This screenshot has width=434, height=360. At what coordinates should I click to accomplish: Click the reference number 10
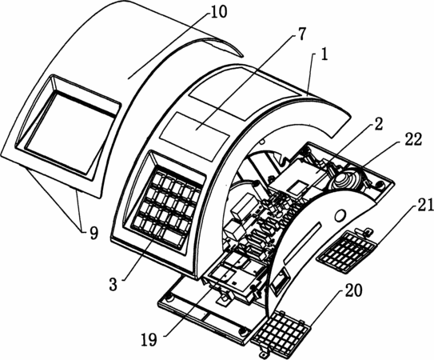[218, 13]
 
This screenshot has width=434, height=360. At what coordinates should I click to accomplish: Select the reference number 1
[324, 54]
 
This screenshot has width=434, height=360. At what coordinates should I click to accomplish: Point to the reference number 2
[377, 124]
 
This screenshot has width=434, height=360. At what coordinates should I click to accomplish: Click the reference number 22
[412, 139]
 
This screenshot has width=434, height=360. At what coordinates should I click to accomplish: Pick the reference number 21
[424, 206]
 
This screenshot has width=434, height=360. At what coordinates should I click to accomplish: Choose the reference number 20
[352, 290]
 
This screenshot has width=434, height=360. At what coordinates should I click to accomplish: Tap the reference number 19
[149, 339]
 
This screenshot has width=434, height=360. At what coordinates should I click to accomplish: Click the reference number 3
[113, 284]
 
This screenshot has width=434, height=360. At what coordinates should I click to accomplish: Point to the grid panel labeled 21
[347, 251]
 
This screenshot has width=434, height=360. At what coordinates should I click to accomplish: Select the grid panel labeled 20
[281, 332]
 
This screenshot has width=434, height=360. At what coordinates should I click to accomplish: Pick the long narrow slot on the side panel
[303, 242]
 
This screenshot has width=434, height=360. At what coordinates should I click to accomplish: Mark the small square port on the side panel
[279, 280]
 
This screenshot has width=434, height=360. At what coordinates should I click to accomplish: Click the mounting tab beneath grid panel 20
[264, 354]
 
